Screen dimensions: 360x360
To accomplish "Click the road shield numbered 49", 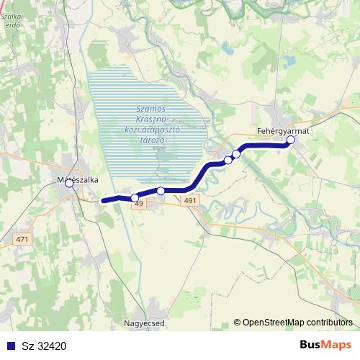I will point(139,204).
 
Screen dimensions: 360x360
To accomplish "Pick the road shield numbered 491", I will point(189,202).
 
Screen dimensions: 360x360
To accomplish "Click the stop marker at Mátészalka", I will point(69,184).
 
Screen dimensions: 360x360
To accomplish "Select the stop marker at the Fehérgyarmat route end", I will point(291,140).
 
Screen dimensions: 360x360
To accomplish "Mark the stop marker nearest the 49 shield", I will point(135,197).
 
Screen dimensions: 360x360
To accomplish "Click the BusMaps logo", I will point(325,346).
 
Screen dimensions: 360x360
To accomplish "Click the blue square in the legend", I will point(9,346).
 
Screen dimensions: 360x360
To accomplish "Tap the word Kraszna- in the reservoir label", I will point(151,117).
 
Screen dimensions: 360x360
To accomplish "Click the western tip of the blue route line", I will point(104,200).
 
